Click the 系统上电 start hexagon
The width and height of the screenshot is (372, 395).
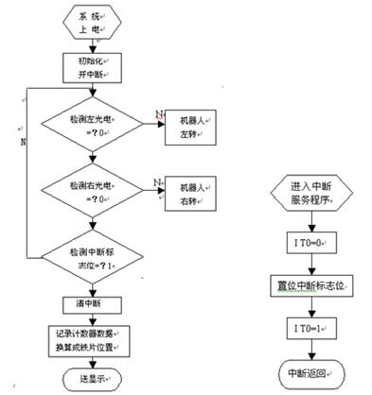(92, 22)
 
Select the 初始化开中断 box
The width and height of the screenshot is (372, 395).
(92, 67)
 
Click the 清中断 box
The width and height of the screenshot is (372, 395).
(92, 304)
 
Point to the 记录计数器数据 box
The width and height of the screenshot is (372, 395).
(92, 340)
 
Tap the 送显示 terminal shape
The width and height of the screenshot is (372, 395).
(92, 377)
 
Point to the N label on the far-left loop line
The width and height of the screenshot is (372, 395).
(20, 142)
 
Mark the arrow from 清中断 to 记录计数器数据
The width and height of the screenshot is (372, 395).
(92, 319)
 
